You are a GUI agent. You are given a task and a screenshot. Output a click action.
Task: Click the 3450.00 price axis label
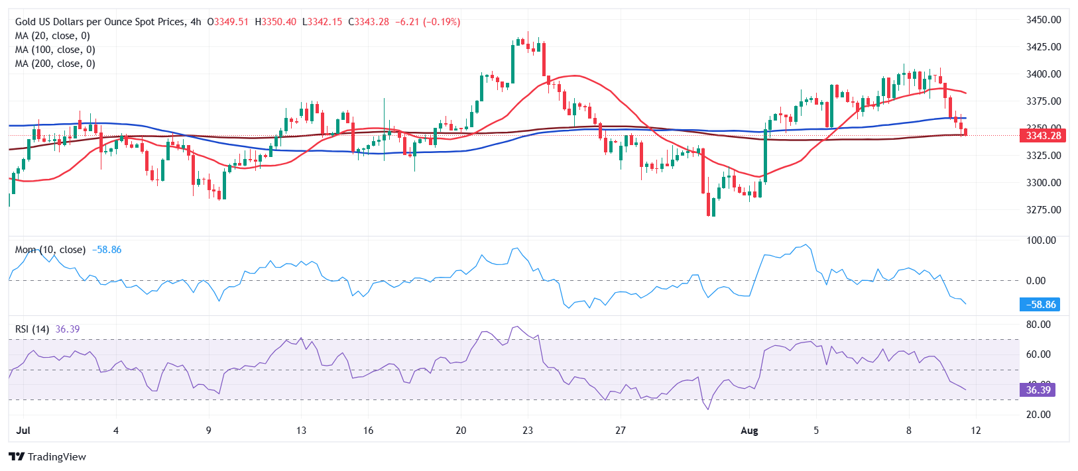click(1043, 20)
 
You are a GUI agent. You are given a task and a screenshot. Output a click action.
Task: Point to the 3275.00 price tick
click(1043, 210)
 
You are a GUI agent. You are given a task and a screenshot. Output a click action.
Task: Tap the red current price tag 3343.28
click(1043, 136)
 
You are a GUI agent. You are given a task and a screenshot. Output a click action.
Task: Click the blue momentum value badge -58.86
click(1038, 305)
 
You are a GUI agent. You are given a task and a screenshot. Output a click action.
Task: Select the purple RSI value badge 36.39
click(1038, 390)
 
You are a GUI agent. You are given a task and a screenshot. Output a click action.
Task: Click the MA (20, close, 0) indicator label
click(52, 36)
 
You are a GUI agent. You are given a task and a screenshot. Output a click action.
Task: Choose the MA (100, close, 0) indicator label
click(55, 50)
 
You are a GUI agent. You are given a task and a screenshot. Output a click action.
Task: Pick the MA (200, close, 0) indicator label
click(55, 64)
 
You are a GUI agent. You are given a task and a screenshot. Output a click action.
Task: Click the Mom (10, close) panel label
click(50, 250)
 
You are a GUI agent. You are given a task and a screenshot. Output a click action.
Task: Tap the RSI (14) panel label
click(32, 329)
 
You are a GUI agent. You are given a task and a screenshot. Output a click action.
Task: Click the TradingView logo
click(48, 457)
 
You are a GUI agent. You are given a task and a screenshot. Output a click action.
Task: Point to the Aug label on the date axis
click(749, 431)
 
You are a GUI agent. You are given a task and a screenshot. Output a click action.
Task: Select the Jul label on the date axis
click(23, 431)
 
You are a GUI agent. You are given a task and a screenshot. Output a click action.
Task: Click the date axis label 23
click(528, 431)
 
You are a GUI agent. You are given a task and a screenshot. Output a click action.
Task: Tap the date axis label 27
click(621, 431)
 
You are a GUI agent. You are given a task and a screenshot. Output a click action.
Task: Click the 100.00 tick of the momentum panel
click(1041, 240)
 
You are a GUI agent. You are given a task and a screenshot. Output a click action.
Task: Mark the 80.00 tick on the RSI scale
click(1038, 325)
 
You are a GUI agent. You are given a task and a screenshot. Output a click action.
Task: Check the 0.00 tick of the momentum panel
click(1036, 281)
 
